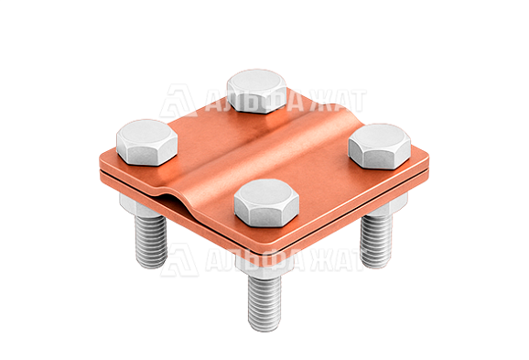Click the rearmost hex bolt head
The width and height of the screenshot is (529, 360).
click(x=257, y=91)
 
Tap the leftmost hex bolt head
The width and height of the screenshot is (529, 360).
click(x=147, y=142)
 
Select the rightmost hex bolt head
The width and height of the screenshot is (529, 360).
click(x=380, y=146)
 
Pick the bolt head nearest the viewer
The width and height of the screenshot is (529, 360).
click(x=266, y=202)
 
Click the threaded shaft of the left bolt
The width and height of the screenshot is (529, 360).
click(x=151, y=242)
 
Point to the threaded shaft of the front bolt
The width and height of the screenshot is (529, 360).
click(x=264, y=302)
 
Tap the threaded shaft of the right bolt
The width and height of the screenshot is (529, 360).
click(x=376, y=240)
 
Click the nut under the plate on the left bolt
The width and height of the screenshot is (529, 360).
click(x=134, y=204)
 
